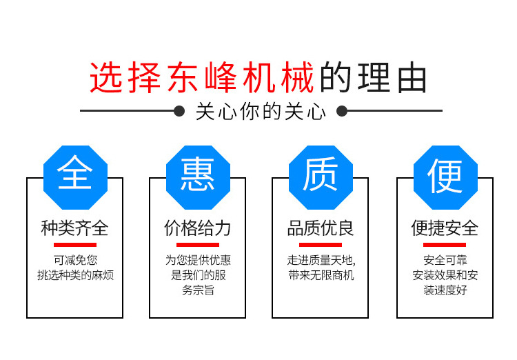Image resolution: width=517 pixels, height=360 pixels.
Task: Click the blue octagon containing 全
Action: coord(76,177)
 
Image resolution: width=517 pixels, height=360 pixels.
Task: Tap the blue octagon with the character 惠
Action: coord(198,177)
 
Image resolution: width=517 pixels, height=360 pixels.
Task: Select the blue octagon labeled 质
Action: coord(321,177)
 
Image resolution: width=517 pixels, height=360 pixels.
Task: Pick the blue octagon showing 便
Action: coord(445,177)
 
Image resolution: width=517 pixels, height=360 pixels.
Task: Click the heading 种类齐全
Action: coord(75,228)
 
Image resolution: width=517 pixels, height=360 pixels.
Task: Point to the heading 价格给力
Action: coord(198,228)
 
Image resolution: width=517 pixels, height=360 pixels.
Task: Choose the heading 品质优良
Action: coord(321,228)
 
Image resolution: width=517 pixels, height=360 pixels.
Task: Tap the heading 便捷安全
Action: coord(445,228)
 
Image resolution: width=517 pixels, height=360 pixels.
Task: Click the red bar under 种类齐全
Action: coord(75,245)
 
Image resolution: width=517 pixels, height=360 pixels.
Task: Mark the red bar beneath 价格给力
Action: coord(198,245)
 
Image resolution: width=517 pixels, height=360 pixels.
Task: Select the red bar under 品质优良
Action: coord(321,245)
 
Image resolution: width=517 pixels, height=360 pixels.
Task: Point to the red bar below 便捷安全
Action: coord(445,245)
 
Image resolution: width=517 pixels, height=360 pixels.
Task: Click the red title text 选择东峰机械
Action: coord(202,78)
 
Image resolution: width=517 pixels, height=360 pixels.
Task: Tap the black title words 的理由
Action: coord(374,78)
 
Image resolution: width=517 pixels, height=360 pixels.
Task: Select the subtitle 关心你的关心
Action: coord(261,112)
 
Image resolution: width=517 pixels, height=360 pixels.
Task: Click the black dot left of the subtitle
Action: coord(179,111)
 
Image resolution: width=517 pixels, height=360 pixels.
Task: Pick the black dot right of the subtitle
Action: coord(342,111)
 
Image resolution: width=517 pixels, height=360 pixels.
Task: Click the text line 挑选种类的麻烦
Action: coord(75,275)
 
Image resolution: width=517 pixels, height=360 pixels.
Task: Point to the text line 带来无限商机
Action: coord(321,275)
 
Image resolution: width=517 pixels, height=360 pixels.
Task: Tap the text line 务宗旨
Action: coord(198,290)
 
